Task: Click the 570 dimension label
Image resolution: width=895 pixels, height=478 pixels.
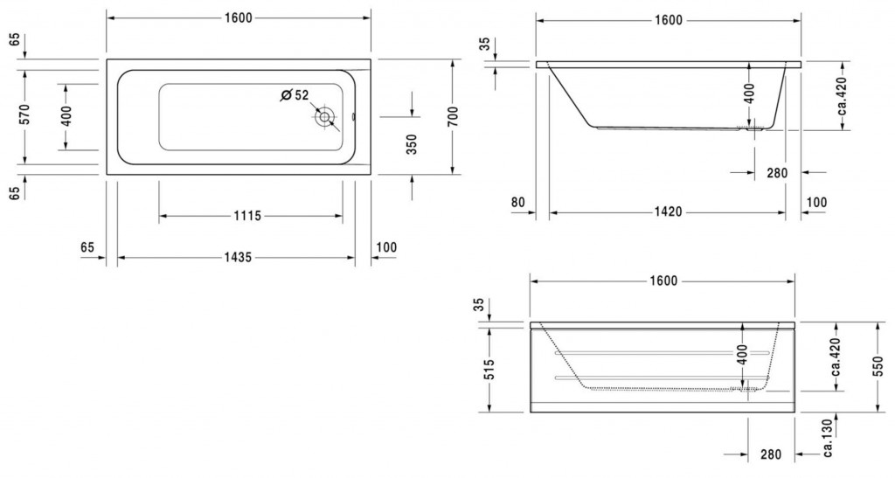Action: tap(25, 114)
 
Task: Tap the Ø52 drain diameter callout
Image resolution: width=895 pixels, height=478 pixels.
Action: tap(295, 94)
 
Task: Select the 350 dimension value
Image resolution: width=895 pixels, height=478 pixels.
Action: tap(412, 143)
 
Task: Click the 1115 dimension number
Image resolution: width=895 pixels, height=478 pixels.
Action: tap(248, 215)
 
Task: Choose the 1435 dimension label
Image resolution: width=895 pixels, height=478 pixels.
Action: tap(235, 257)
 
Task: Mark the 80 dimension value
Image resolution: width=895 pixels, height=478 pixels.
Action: tap(518, 203)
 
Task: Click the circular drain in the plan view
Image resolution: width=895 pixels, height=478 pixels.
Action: tap(325, 116)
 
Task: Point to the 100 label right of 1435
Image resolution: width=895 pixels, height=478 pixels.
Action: tap(385, 247)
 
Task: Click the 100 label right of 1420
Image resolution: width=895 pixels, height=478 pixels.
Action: tap(815, 203)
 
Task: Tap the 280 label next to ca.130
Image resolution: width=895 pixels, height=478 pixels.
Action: tap(770, 454)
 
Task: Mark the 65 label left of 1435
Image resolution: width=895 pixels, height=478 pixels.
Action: tap(87, 247)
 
